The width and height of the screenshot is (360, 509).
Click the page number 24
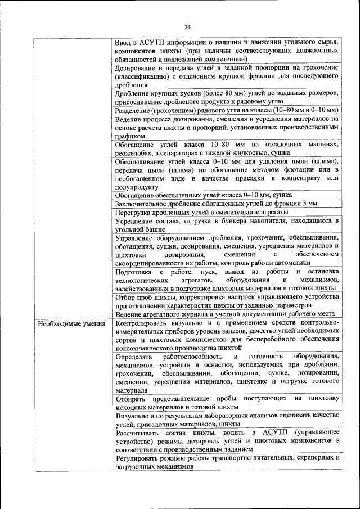(187, 26)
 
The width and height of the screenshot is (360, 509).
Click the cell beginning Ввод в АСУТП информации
(226, 51)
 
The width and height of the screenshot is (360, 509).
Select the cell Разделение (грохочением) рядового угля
(226, 110)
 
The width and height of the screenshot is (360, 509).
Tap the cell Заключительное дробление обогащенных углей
(216, 204)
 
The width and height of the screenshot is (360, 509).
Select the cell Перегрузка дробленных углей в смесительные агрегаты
(202, 212)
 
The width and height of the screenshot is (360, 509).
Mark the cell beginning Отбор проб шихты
(226, 301)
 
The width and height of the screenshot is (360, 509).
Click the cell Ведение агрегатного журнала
(225, 313)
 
